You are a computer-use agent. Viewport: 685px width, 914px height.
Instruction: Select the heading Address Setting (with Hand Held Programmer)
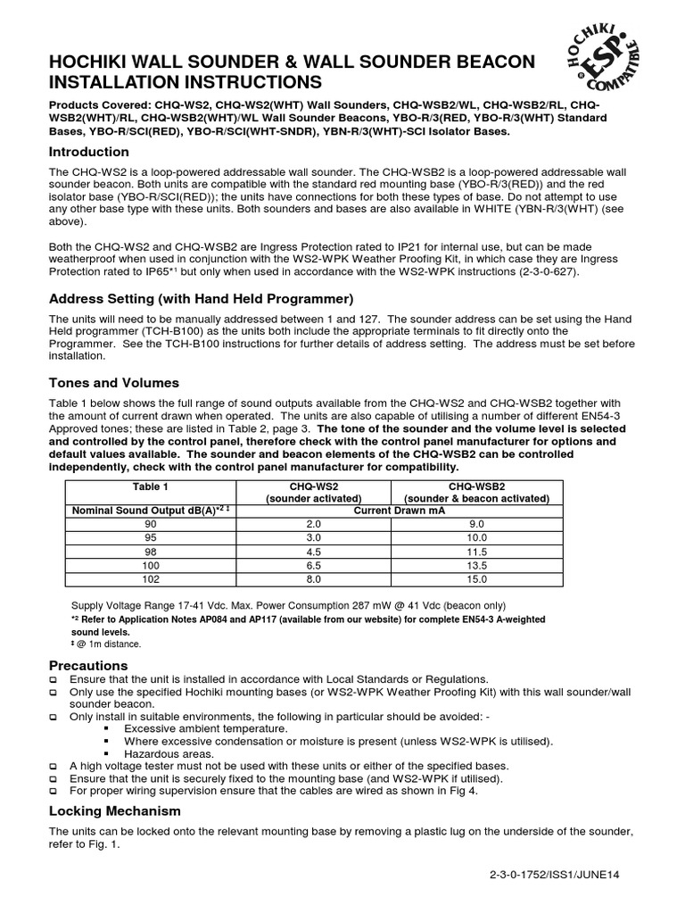(x=201, y=297)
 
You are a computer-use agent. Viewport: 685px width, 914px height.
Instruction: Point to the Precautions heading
(x=88, y=666)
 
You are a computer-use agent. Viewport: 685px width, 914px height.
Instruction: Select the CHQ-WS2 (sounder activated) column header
(x=311, y=492)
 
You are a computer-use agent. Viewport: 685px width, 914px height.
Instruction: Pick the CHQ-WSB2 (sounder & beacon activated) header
(x=476, y=492)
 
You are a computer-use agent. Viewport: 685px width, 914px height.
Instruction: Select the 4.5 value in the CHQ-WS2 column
(x=311, y=552)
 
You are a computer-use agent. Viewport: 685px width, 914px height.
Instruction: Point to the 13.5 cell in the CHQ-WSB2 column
(x=476, y=565)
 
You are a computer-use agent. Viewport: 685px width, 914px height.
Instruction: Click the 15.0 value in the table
(x=476, y=578)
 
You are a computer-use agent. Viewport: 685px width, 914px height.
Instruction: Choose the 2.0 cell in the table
(x=311, y=524)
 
